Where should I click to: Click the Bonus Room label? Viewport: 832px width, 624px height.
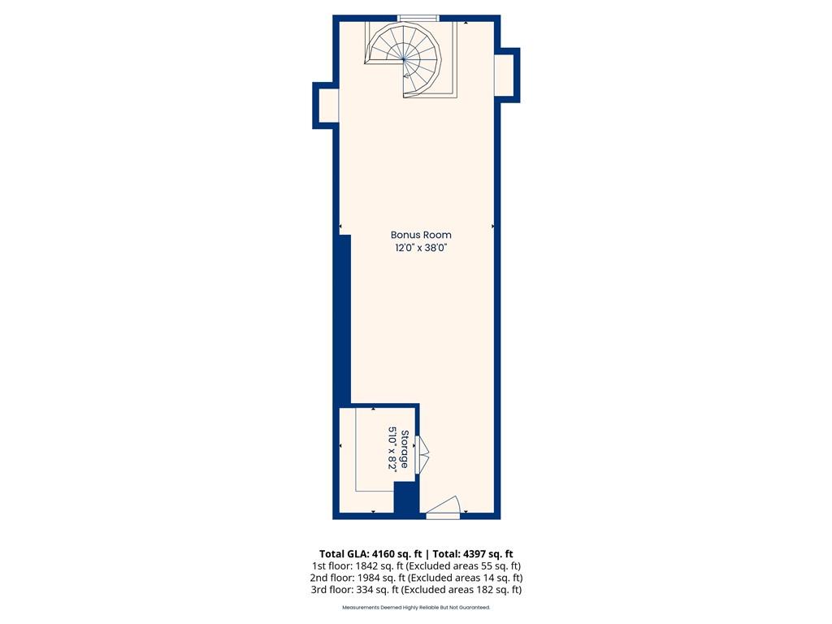click(421, 235)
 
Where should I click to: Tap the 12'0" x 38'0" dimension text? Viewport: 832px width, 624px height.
click(421, 248)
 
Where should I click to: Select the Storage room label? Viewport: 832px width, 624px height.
click(405, 448)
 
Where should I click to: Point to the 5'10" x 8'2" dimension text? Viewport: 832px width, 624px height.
click(392, 448)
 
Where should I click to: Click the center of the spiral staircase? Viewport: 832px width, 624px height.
click(405, 59)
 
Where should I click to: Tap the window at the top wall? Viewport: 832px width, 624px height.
click(418, 18)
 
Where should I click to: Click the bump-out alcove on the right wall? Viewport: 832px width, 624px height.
click(507, 75)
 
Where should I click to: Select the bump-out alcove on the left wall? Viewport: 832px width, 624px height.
click(325, 106)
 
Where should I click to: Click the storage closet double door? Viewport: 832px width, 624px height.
click(422, 454)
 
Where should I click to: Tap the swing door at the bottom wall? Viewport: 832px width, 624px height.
click(443, 508)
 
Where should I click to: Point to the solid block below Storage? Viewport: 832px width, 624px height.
click(406, 498)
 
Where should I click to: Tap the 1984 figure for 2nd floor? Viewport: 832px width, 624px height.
click(369, 578)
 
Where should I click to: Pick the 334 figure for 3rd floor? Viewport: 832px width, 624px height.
click(365, 590)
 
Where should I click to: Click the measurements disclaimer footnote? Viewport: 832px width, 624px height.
click(416, 607)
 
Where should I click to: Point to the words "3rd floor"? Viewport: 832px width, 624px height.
click(331, 590)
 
